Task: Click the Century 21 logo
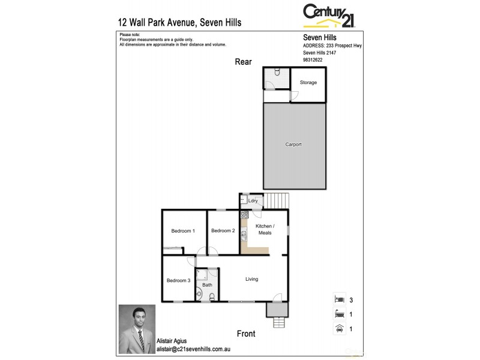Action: [329, 16]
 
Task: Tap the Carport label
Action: [293, 145]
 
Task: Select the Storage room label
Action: [308, 82]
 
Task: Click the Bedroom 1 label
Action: [183, 231]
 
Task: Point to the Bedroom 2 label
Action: [223, 230]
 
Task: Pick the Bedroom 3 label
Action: [178, 281]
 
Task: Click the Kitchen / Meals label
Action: [264, 229]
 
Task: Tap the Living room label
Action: [252, 279]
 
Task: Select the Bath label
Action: [207, 285]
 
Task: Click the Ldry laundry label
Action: [253, 201]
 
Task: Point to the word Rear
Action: [243, 62]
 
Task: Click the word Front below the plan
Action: [246, 334]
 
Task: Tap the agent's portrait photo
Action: [137, 329]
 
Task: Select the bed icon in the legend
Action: [339, 298]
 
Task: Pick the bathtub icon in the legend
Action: [339, 313]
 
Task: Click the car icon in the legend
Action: [339, 328]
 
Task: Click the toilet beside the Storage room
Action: [277, 73]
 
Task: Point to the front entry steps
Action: [279, 322]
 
